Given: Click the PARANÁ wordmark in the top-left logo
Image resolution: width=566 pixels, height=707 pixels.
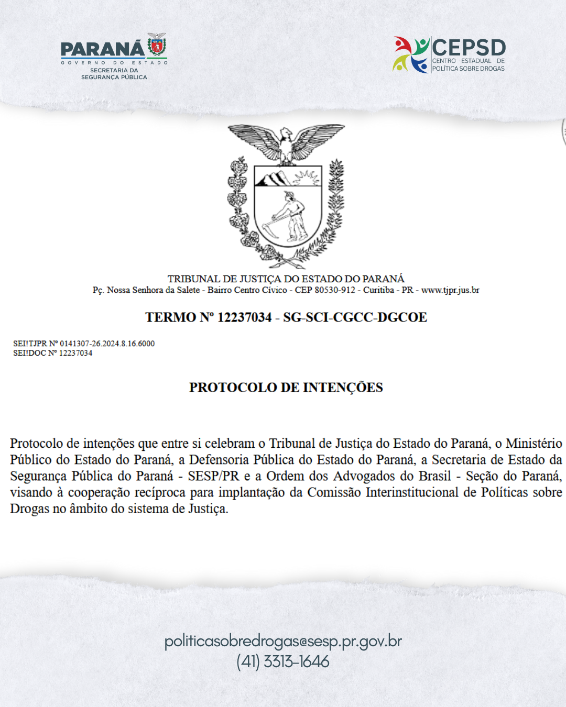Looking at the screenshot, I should coord(102,49).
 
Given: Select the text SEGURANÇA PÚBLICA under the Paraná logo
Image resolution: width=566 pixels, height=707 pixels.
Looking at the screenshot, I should coord(114,77).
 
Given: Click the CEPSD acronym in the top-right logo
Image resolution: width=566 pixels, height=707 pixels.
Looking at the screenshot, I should coord(469,48).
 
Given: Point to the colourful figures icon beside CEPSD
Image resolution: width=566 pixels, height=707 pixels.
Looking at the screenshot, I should coord(411,54).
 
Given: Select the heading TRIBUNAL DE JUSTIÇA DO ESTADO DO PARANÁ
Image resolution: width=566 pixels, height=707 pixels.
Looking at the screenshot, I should coord(286,279).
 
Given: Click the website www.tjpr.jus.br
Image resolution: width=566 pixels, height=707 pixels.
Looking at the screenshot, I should coord(450,290).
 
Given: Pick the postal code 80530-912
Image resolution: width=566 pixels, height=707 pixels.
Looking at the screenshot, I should coord(335,290).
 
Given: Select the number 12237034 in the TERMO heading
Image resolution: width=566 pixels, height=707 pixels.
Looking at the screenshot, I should coord(244,317).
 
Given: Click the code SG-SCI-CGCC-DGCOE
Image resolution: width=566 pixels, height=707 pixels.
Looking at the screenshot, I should coord(355,317).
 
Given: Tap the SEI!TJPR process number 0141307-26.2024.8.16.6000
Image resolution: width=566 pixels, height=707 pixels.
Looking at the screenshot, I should coord(107,344).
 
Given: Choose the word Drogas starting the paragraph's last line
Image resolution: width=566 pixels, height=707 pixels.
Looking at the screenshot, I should coord(29,509).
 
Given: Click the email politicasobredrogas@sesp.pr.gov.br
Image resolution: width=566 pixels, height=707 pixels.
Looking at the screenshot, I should coord(283,641).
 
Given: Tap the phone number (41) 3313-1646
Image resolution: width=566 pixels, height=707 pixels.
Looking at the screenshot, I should coord(283,661).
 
